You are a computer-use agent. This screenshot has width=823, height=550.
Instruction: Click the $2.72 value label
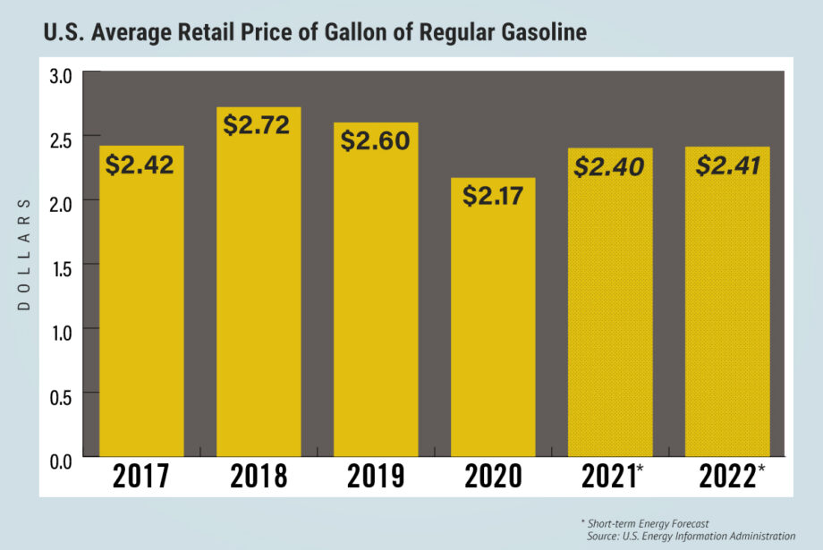pyautogui.click(x=258, y=125)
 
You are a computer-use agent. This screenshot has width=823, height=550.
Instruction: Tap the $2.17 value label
pyautogui.click(x=493, y=196)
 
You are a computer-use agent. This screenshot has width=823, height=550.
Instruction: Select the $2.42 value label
pyautogui.click(x=140, y=165)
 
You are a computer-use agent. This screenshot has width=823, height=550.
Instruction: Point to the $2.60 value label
pyautogui.click(x=376, y=141)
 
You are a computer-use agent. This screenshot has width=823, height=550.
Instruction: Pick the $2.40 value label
pyautogui.click(x=609, y=165)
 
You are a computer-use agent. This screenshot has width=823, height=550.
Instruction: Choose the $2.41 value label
pyautogui.click(x=727, y=165)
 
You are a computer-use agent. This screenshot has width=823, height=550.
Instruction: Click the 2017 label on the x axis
pyautogui.click(x=141, y=477)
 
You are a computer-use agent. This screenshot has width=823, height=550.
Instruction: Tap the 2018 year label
pyautogui.click(x=259, y=477)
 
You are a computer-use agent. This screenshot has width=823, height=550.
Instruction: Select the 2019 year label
pyautogui.click(x=376, y=477)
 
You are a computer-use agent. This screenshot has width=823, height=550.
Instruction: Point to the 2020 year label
pyautogui.click(x=493, y=477)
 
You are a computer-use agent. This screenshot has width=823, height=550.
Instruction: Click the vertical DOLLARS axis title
pyautogui.click(x=24, y=254)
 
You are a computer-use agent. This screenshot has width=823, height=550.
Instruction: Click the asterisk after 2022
pyautogui.click(x=761, y=470)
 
